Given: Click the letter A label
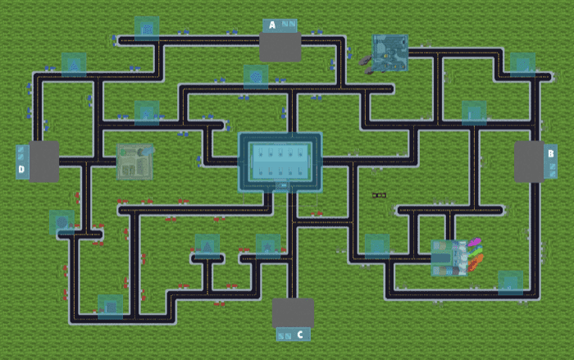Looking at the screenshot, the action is (273, 25).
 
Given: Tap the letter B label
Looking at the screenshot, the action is (550, 153).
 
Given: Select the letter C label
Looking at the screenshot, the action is (299, 335).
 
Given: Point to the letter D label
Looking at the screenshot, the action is (22, 171).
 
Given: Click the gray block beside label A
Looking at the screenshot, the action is (280, 48).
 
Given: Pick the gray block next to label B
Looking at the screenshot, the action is (529, 162).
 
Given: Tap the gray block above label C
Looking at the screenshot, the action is (293, 312).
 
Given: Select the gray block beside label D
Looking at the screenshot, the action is (43, 161).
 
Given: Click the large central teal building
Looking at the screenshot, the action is (280, 162).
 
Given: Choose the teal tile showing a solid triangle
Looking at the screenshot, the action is (207, 244).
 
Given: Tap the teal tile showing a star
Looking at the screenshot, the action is (267, 244).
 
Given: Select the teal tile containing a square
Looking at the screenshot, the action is (110, 306).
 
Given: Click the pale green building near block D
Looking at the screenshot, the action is (134, 161).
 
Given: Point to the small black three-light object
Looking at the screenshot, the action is (380, 195).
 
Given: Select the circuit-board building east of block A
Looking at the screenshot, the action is (390, 52).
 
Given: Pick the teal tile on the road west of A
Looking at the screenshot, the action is (146, 28).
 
